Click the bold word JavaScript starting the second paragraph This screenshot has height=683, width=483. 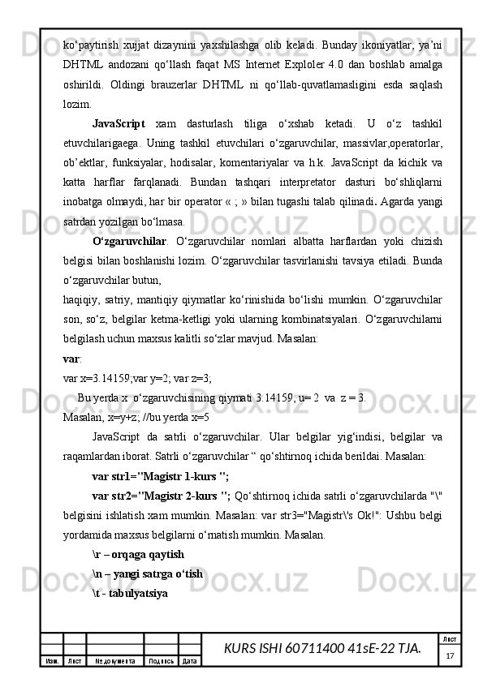pos(119,125)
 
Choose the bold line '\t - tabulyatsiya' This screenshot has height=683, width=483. pos(130,594)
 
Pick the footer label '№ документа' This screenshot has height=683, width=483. pos(114,661)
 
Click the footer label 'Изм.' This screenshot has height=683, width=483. pos(51,661)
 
